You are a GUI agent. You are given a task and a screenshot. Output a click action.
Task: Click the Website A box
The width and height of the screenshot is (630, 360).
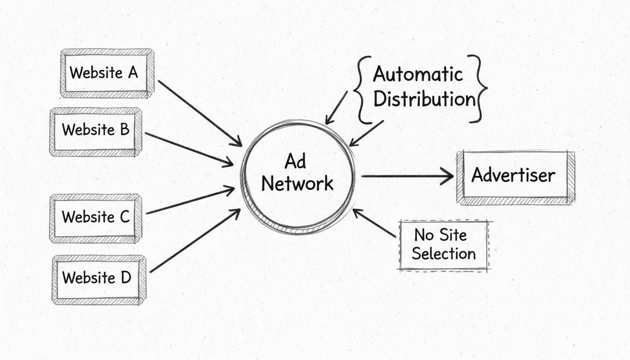click(x=107, y=73)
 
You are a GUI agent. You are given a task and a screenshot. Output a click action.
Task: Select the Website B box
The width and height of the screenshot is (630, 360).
click(x=96, y=130)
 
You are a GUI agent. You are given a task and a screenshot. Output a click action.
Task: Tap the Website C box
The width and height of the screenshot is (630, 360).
click(x=96, y=217)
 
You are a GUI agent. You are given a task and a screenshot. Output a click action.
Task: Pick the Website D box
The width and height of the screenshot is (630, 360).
click(x=98, y=278)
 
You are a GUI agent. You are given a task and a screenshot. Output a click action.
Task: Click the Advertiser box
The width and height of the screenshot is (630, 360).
click(x=515, y=176)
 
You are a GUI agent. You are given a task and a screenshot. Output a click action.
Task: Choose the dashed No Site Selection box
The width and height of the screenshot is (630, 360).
click(x=443, y=245)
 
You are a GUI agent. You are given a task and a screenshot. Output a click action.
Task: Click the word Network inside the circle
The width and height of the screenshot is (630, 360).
click(x=297, y=183)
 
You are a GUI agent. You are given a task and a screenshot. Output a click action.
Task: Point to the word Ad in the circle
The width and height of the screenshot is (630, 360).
click(x=295, y=162)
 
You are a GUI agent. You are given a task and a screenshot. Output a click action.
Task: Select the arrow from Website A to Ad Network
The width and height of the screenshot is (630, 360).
click(x=199, y=113)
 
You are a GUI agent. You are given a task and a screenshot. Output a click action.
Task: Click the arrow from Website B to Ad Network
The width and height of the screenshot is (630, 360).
click(x=189, y=149)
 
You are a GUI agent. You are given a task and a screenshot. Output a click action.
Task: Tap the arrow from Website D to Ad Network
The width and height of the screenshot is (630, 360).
click(x=195, y=241)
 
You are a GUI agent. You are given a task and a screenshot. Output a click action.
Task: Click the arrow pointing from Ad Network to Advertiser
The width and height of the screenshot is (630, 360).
click(x=407, y=176)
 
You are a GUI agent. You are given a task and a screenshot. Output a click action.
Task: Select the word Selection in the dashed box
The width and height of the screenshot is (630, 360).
click(x=443, y=255)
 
